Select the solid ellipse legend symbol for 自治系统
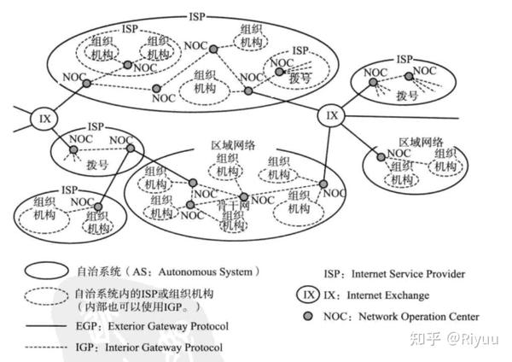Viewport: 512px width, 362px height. click(54, 271)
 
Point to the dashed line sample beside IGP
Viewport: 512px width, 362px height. click(51, 347)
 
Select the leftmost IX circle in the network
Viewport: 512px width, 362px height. click(44, 118)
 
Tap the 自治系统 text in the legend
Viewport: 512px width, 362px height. click(117, 271)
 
